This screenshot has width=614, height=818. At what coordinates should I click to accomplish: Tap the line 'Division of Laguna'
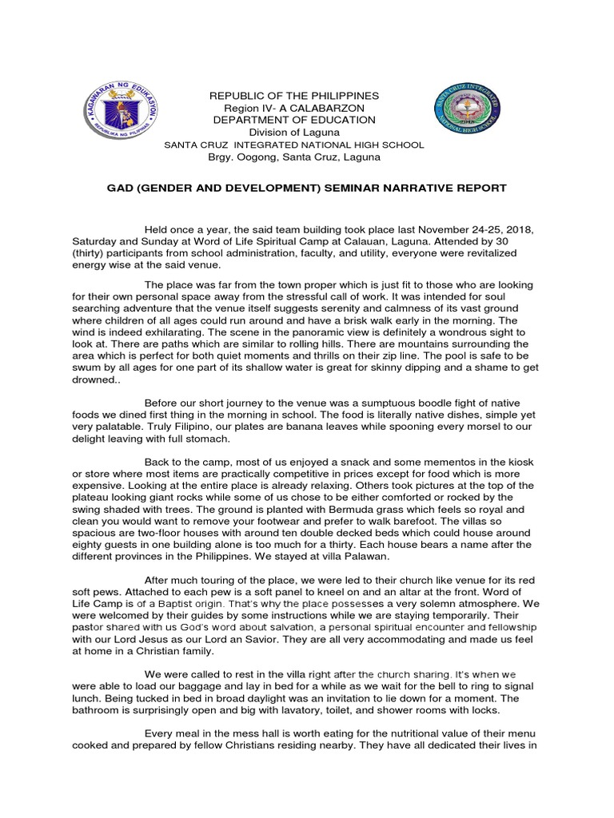293,132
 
